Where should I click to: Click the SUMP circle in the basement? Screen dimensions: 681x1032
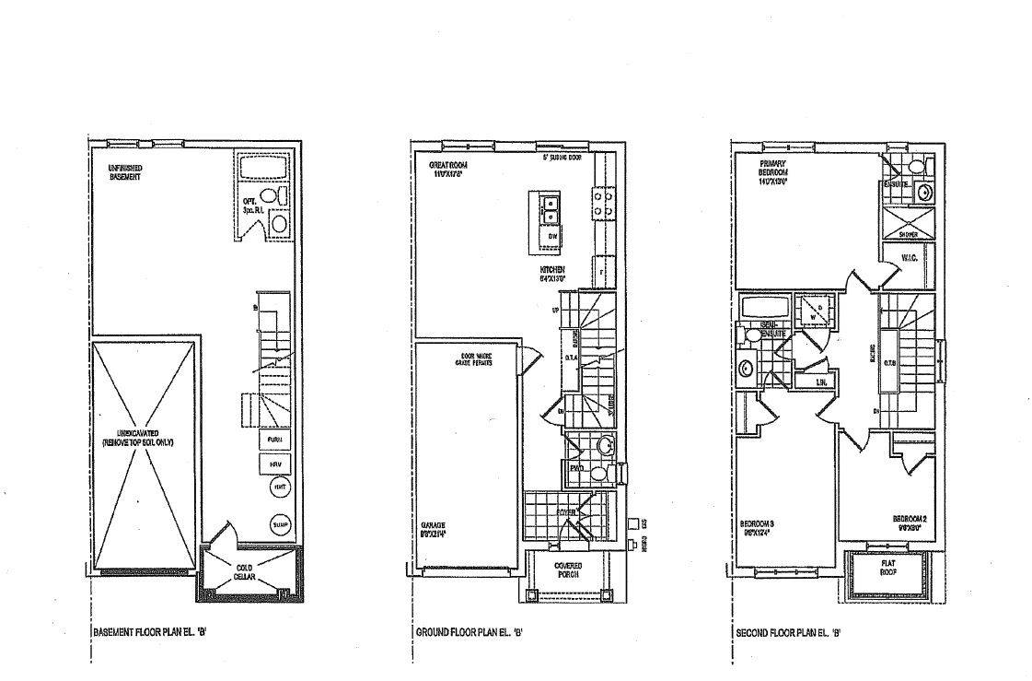coord(280,524)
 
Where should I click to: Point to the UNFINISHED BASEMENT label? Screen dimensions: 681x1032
coord(124,171)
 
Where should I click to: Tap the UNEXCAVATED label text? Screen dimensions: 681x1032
coord(138,437)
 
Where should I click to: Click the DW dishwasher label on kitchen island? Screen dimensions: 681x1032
coord(552,237)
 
